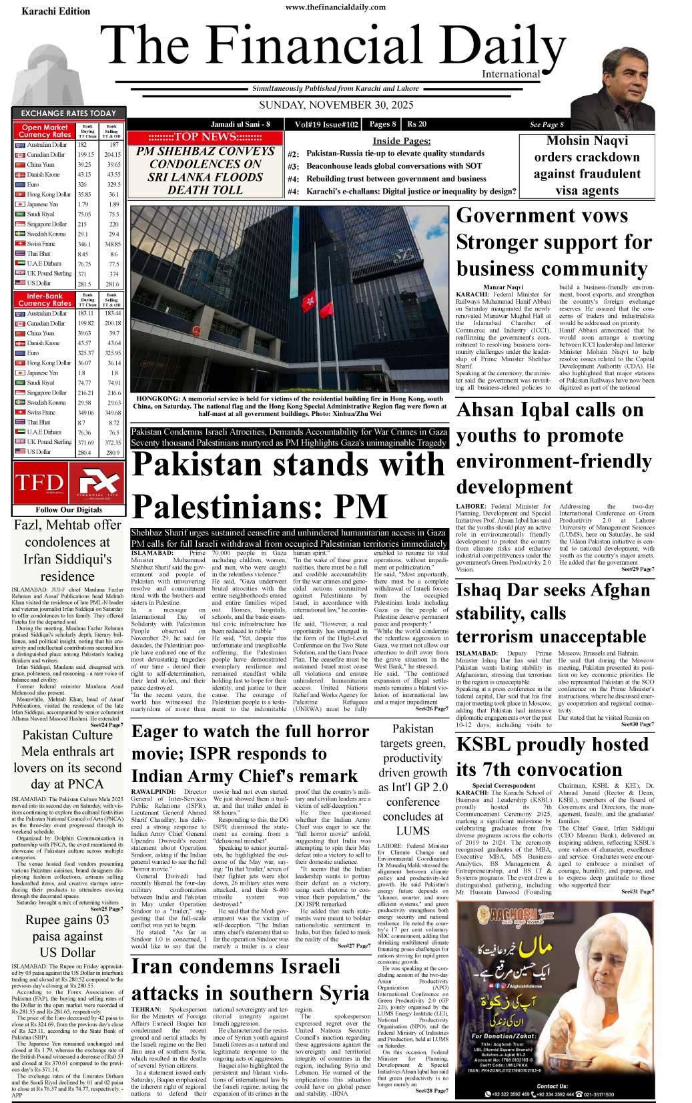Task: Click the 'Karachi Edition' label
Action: (x=55, y=11)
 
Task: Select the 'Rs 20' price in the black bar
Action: (x=417, y=124)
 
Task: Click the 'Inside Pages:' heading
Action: (x=401, y=141)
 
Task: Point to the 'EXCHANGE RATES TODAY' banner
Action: (x=68, y=114)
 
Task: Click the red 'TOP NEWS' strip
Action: (x=205, y=137)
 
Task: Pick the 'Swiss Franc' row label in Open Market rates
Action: (x=41, y=244)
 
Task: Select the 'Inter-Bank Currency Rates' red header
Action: (x=44, y=299)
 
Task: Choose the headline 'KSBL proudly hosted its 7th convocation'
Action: (x=551, y=756)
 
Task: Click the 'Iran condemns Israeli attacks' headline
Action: (x=250, y=979)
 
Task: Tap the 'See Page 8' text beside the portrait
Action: (x=547, y=125)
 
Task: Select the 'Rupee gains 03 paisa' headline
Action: (x=67, y=935)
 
